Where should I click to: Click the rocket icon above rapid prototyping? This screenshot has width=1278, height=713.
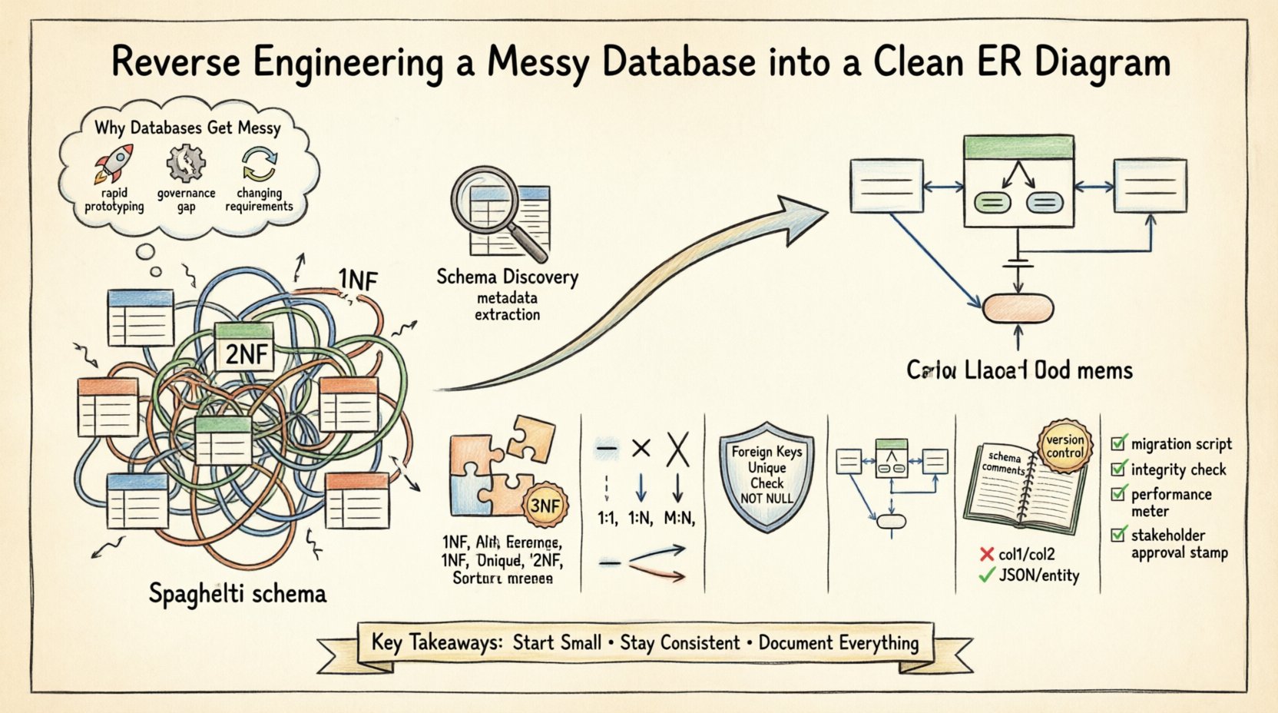[114, 163]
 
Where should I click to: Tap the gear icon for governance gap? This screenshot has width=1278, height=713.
[186, 163]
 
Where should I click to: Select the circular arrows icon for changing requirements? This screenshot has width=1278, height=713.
[259, 164]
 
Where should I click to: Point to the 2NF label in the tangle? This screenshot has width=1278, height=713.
[247, 354]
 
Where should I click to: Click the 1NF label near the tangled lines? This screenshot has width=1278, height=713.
[358, 280]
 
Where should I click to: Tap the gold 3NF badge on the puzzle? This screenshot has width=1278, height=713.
[546, 506]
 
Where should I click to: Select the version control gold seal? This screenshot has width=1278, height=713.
[1064, 446]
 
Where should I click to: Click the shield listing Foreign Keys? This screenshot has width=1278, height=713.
[766, 476]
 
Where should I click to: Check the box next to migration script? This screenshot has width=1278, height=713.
[1119, 443]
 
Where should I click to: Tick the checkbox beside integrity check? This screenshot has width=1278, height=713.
[1119, 469]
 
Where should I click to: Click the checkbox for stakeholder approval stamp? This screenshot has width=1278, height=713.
[1119, 534]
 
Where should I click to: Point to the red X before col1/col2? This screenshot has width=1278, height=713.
[987, 554]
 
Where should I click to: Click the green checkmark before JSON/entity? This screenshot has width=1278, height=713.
[987, 575]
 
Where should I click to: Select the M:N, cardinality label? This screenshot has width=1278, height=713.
[679, 519]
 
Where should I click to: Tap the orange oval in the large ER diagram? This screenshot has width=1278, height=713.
[1018, 308]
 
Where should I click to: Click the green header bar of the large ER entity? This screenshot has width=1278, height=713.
[1018, 147]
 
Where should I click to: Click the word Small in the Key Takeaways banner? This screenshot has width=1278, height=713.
[573, 642]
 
